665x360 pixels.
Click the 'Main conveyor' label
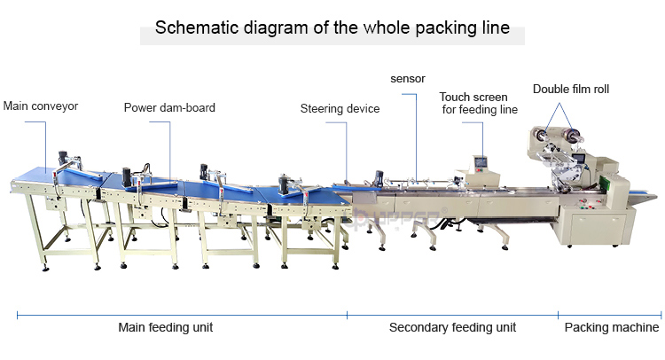click(x=41, y=106)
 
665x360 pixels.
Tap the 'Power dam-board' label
click(x=169, y=108)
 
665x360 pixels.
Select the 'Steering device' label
click(x=340, y=109)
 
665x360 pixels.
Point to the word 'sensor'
click(x=408, y=78)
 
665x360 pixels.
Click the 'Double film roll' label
click(x=571, y=89)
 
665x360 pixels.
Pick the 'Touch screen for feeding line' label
click(x=474, y=104)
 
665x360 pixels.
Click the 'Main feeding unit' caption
click(x=166, y=328)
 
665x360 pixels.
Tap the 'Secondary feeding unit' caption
click(x=452, y=328)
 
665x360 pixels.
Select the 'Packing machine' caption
click(x=612, y=328)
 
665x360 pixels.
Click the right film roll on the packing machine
click(x=576, y=137)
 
